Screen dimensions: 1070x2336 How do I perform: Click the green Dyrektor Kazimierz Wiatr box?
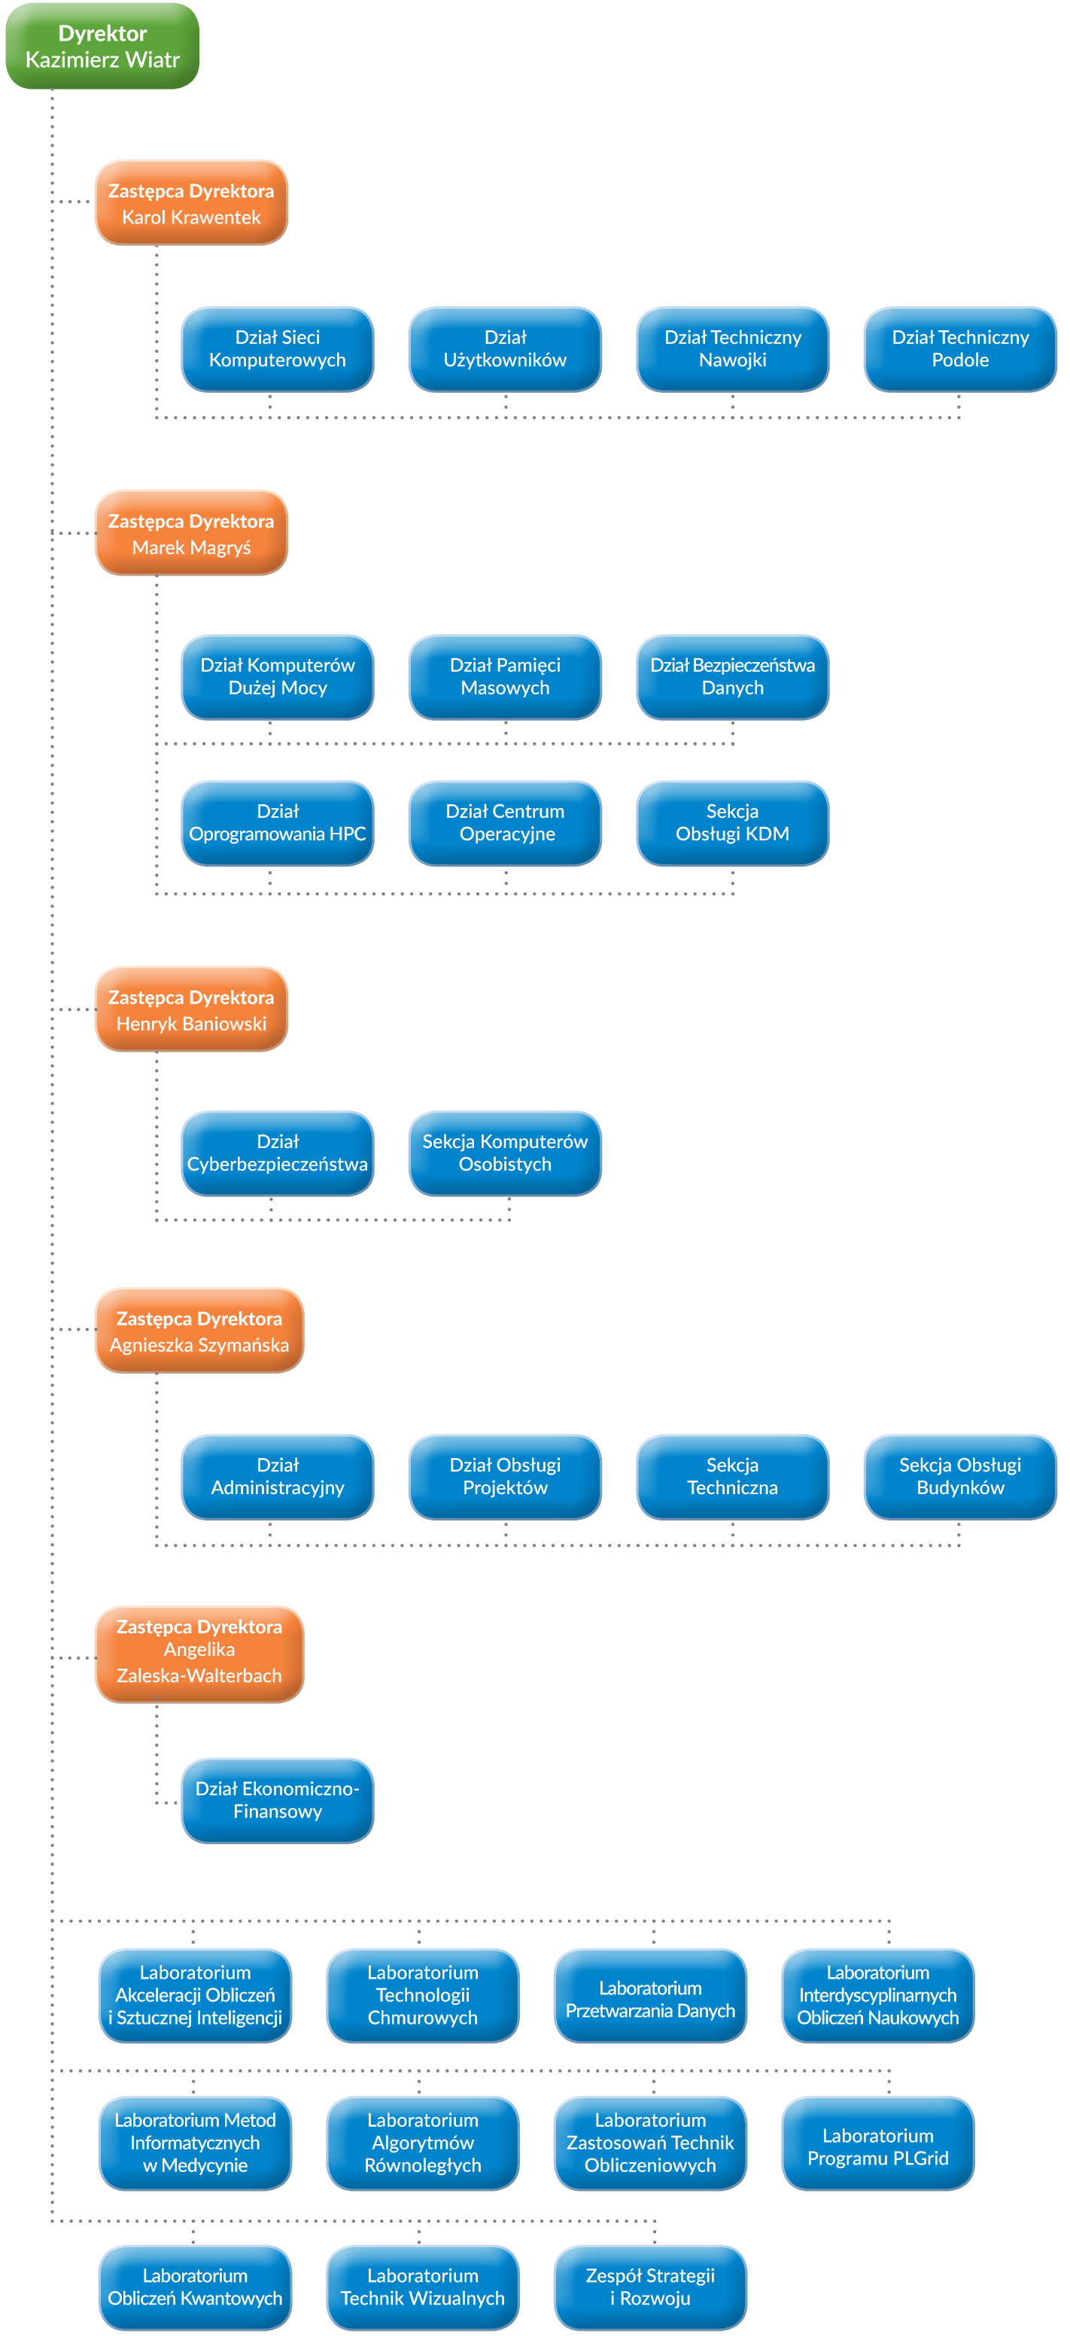tap(102, 46)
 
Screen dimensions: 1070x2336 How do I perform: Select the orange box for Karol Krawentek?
tap(191, 203)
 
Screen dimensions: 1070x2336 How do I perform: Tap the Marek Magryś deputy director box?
tap(191, 533)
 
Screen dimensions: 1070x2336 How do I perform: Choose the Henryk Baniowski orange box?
tap(191, 1010)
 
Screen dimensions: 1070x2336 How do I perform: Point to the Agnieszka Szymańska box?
tap(199, 1330)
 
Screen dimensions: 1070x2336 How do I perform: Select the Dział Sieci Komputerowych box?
tap(278, 349)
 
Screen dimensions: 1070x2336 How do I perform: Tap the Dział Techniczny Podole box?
tap(960, 349)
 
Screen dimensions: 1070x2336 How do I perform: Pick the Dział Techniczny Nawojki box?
tap(733, 349)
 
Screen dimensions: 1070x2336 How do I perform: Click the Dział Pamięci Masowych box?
tap(505, 677)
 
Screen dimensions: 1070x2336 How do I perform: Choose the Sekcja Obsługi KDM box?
tap(733, 823)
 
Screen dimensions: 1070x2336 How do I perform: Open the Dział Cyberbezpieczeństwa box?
tap(278, 1153)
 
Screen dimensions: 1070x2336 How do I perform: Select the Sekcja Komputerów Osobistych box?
tap(505, 1153)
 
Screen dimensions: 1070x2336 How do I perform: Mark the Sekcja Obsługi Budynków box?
tap(960, 1476)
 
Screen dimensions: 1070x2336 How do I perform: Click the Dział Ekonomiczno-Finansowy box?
tap(278, 1800)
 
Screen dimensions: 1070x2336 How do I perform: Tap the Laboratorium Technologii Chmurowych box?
tap(423, 1995)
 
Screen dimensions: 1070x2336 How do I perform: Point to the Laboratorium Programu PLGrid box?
tap(878, 2143)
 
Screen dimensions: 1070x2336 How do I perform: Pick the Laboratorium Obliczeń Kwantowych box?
tap(195, 2287)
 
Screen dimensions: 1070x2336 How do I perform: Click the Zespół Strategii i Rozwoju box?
tap(650, 2287)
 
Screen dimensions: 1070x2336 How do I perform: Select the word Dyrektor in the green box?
tap(102, 34)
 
